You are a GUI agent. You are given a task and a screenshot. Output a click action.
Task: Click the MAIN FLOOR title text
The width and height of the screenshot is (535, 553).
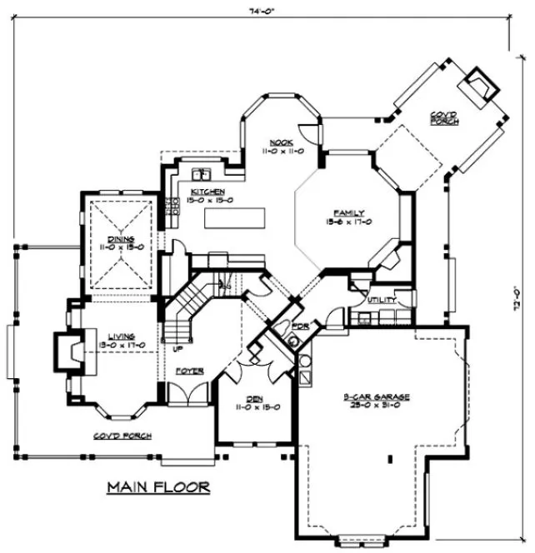pyautogui.click(x=157, y=486)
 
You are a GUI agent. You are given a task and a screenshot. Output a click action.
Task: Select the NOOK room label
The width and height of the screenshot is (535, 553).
pyautogui.click(x=280, y=142)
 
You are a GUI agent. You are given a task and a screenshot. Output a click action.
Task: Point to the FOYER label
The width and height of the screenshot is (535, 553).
pyautogui.click(x=189, y=370)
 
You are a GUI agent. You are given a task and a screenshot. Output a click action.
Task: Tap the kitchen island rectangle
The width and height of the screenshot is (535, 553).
pyautogui.click(x=234, y=218)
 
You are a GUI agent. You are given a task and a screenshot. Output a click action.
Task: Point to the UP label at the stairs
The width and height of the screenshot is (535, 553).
pyautogui.click(x=177, y=349)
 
